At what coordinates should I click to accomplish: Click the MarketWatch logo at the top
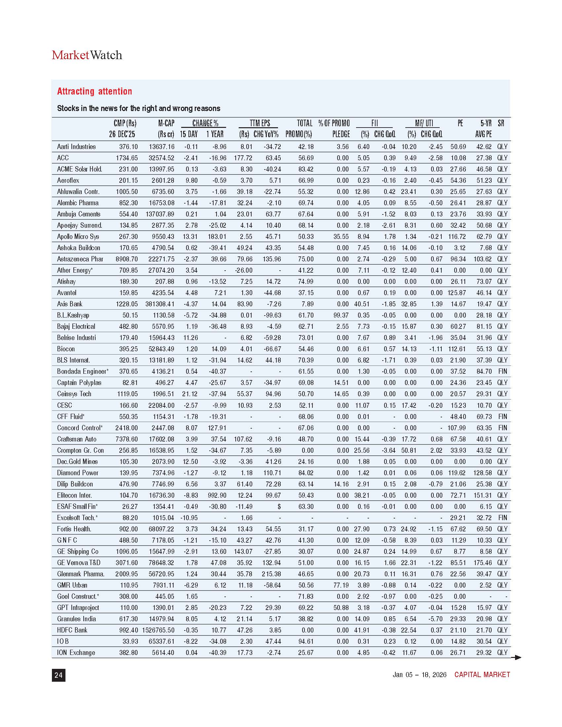pyautogui.click(x=87, y=55)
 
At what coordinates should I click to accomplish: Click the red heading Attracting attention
pyautogui.click(x=95, y=91)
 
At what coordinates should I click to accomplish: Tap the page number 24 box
pyautogui.click(x=58, y=675)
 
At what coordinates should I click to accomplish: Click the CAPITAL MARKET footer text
pyautogui.click(x=482, y=674)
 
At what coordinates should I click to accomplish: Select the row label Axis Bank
pyautogui.click(x=69, y=304)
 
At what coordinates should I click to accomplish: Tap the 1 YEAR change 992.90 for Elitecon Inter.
pyautogui.click(x=217, y=495)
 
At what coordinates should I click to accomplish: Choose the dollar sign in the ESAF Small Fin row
pyautogui.click(x=279, y=506)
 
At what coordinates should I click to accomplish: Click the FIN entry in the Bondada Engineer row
pyautogui.click(x=502, y=371)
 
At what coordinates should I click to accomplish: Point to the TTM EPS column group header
pyautogui.click(x=260, y=123)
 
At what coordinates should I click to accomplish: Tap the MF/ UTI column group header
pyautogui.click(x=424, y=123)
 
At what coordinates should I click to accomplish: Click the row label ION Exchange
pyautogui.click(x=76, y=652)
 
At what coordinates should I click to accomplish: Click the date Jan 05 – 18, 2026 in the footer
pyautogui.click(x=420, y=674)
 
